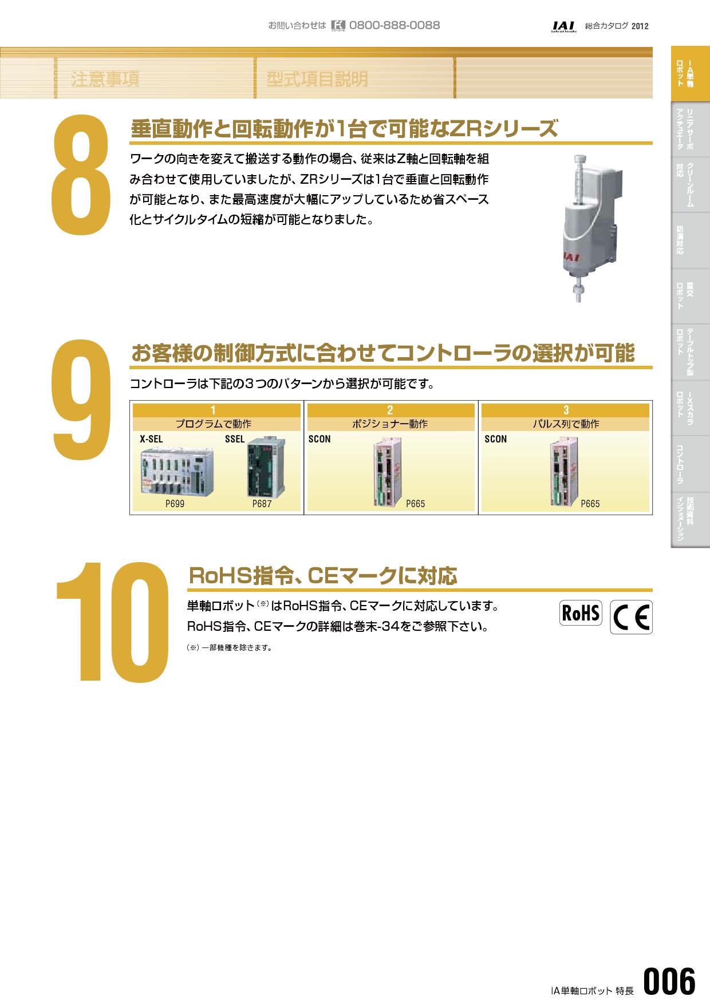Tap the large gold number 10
click(112, 622)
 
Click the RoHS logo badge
click(581, 613)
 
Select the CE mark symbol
click(631, 617)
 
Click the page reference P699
click(175, 504)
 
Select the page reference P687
click(262, 504)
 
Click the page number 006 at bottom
click(669, 981)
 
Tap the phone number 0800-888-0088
click(394, 25)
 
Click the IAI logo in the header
click(563, 26)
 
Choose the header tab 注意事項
click(105, 79)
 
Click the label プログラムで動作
click(214, 424)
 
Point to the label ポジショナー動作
click(390, 424)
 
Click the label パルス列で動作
click(566, 424)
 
